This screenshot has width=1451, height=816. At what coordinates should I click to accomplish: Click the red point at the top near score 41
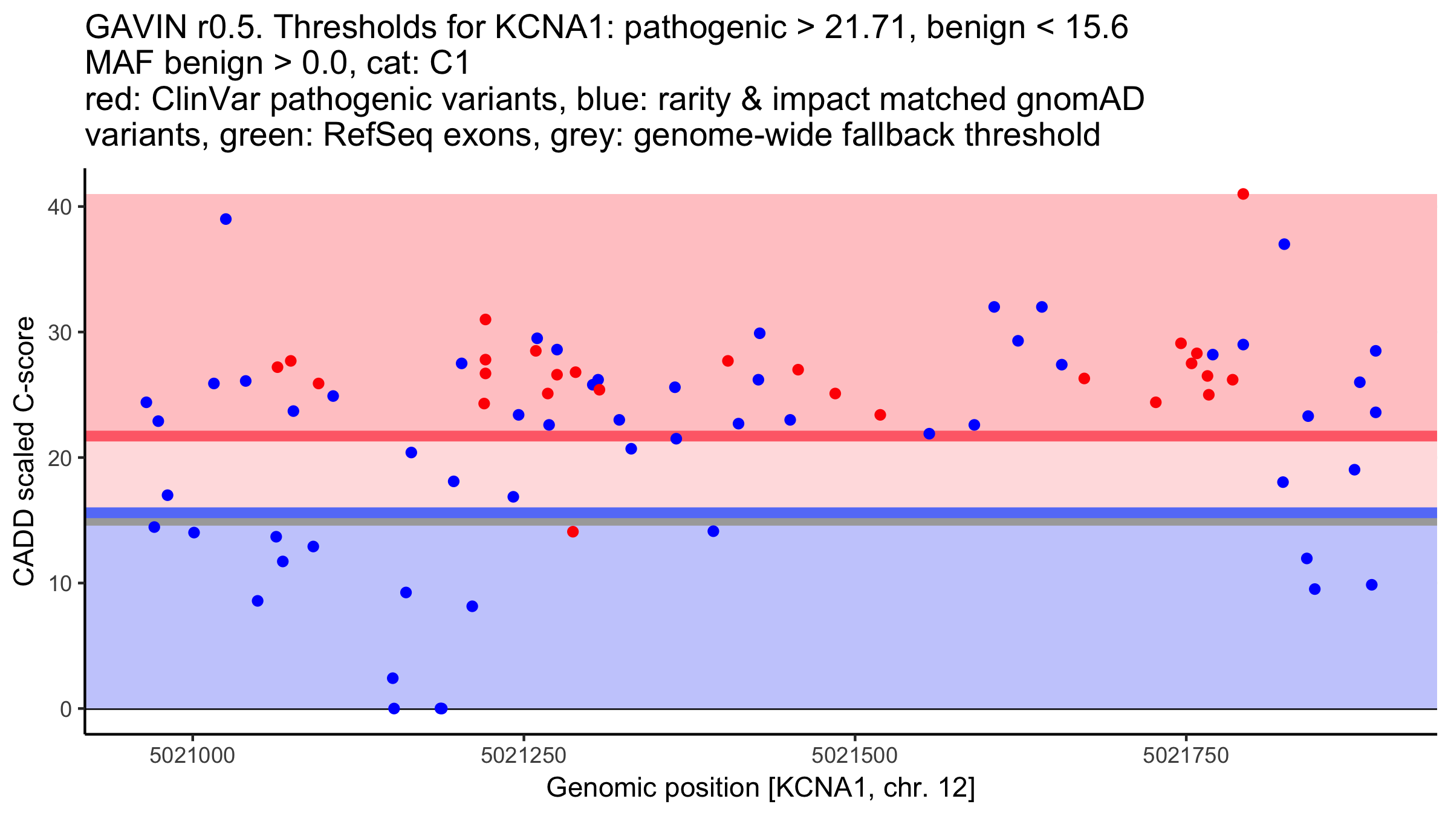[1243, 194]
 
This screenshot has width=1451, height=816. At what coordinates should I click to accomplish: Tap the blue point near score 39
[226, 219]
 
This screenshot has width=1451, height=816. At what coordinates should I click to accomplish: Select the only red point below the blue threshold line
[573, 532]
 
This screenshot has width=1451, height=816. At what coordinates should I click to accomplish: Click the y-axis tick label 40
[60, 207]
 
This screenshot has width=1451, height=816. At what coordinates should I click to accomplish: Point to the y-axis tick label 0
[65, 709]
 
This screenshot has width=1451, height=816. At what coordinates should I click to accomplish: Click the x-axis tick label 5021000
[192, 756]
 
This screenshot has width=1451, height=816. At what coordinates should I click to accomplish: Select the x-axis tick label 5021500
[854, 756]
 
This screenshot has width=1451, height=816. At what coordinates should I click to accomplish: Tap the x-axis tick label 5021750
[1186, 756]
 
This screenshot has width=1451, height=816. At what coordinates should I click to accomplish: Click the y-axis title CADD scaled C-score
[24, 452]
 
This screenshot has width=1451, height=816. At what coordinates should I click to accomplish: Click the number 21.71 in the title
[870, 28]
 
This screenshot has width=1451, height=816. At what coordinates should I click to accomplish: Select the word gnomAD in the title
[1080, 100]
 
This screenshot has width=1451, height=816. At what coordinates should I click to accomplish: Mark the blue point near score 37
[1284, 244]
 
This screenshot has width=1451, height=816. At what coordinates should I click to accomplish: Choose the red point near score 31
[485, 319]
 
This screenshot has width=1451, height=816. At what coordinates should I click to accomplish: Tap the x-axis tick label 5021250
[524, 756]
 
